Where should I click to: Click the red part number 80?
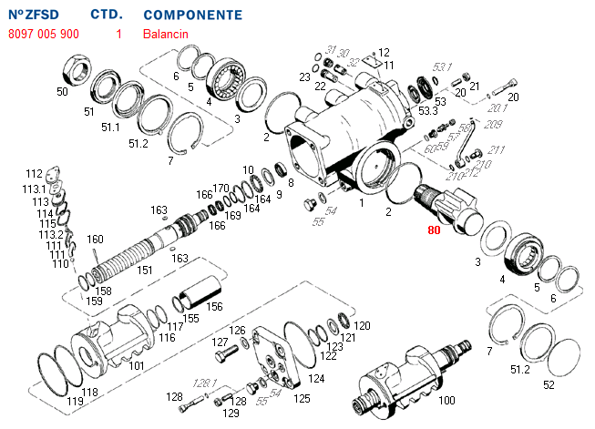[433, 230]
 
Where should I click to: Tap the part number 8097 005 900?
[44, 34]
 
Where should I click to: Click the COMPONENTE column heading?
[193, 15]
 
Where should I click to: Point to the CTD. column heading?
[108, 15]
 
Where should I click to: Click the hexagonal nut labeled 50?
[76, 68]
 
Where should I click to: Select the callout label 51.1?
[110, 128]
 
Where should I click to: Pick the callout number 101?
[137, 366]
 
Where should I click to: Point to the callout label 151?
[145, 270]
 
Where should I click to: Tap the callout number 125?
[302, 398]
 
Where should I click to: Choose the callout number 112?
[34, 173]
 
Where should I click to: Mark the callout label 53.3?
[427, 111]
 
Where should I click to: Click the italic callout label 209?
[494, 124]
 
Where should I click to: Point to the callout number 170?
[221, 188]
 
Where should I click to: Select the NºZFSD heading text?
[36, 15]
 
